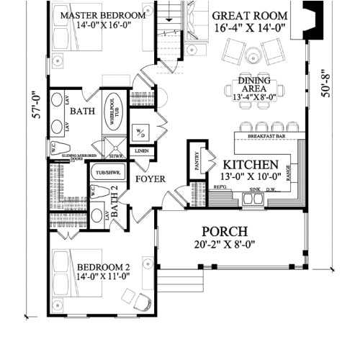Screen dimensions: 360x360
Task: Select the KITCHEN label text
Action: tap(250, 165)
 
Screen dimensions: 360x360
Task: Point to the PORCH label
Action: tap(224, 231)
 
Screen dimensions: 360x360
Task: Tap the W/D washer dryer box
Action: tap(139, 132)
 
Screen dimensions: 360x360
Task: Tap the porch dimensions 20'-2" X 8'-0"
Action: tap(224, 244)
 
